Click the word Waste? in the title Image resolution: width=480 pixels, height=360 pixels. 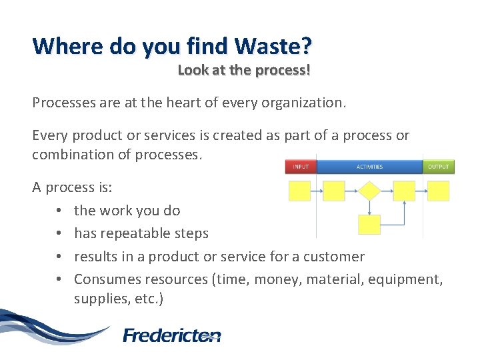point(273,47)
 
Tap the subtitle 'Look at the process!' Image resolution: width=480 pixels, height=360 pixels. point(244,69)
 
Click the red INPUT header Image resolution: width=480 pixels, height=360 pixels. point(300,167)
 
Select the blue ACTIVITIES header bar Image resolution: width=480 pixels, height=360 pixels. point(369,167)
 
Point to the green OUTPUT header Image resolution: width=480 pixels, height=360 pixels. point(439,167)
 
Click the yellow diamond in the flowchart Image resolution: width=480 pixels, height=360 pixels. point(369,191)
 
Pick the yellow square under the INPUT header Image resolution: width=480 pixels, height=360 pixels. point(299,191)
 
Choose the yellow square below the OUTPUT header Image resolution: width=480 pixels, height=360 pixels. point(438,191)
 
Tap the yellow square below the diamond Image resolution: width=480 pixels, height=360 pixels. point(369,225)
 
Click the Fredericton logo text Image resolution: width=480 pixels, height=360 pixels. point(172,335)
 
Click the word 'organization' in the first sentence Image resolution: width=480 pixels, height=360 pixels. point(307,103)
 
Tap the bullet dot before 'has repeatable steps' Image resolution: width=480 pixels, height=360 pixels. point(59,234)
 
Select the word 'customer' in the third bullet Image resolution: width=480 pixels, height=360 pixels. point(336,257)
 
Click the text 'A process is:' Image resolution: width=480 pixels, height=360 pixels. point(72,187)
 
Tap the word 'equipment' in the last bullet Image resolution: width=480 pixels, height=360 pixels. point(409,279)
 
